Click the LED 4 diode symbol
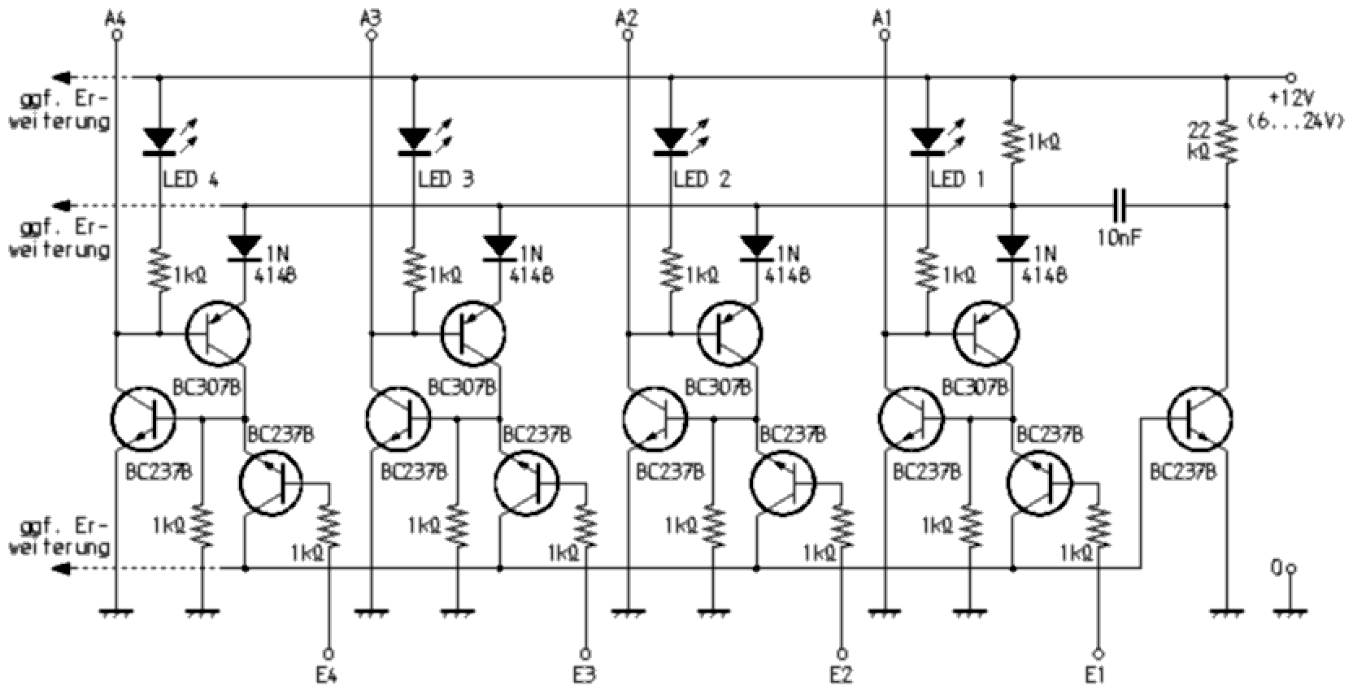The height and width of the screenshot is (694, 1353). (x=159, y=141)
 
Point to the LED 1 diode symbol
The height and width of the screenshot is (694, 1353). (x=928, y=141)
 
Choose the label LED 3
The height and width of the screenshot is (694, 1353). (x=446, y=179)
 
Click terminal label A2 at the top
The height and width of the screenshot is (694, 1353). (x=627, y=17)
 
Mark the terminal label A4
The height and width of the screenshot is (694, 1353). (x=116, y=17)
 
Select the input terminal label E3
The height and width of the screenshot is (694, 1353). (x=584, y=675)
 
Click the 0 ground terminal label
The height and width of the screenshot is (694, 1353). (x=1279, y=566)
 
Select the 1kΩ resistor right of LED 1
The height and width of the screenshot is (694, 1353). (x=1013, y=141)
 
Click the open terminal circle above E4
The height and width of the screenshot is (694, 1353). (x=329, y=653)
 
